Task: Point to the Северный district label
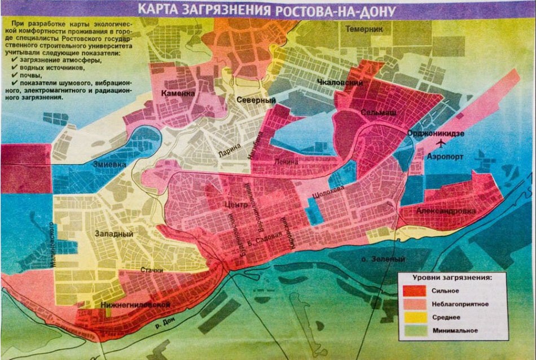click(256, 100)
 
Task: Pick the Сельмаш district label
click(379, 113)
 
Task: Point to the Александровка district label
click(446, 210)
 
